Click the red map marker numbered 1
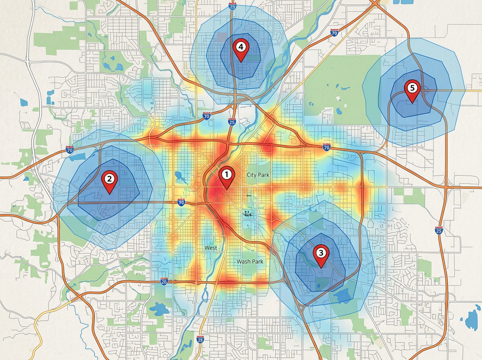[226, 175]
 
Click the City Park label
[258, 175]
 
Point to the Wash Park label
[250, 262]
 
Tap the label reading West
[211, 248]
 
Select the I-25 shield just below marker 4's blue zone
[232, 121]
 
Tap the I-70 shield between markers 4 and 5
[334, 33]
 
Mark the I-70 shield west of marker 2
[69, 149]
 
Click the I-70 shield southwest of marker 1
[182, 203]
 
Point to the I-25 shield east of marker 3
[439, 230]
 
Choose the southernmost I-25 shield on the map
[200, 340]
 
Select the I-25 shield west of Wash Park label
[164, 281]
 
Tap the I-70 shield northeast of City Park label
[326, 147]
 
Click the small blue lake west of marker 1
[178, 175]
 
